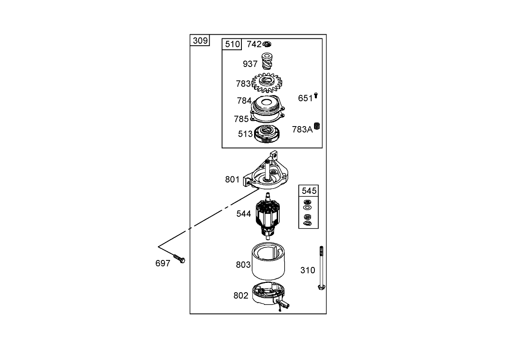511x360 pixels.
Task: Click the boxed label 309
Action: (200, 40)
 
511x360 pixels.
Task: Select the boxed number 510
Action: (232, 44)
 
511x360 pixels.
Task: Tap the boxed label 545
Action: (309, 191)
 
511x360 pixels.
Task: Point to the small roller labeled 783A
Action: (316, 126)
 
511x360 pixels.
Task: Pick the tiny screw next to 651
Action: (316, 96)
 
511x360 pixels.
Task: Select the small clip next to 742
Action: (267, 44)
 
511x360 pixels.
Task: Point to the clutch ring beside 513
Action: (267, 134)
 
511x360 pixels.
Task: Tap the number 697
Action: (163, 264)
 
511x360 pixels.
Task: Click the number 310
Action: (307, 270)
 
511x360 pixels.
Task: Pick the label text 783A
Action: (302, 130)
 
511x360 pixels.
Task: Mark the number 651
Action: (305, 98)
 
